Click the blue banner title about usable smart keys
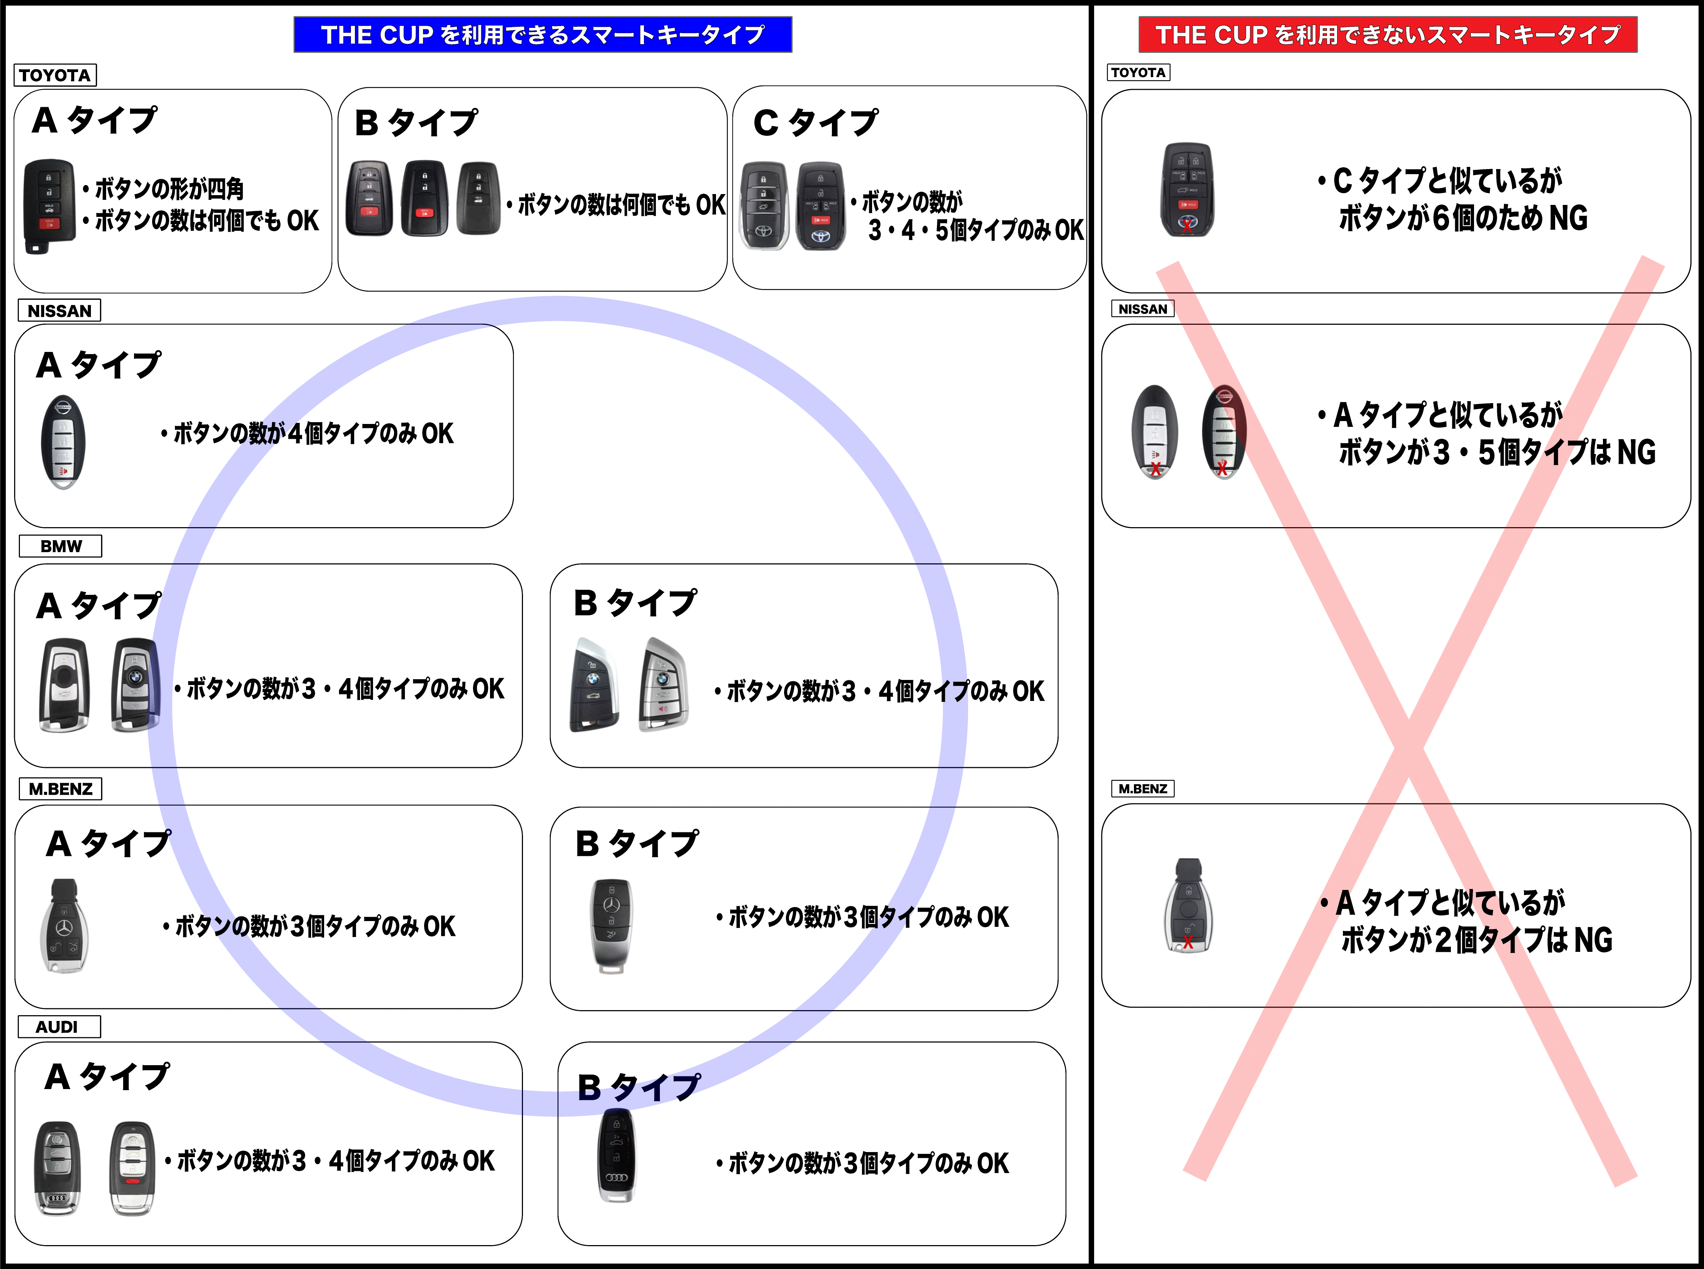click(x=543, y=34)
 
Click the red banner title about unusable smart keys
click(x=1387, y=34)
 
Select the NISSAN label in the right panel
click(x=1142, y=309)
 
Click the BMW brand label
click(x=61, y=546)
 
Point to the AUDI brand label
click(x=57, y=1027)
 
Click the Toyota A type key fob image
click(x=49, y=207)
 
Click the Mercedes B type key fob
click(x=615, y=926)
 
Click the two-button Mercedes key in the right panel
click(x=1189, y=907)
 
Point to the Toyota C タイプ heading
click(x=816, y=123)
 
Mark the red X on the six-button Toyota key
click(x=1188, y=227)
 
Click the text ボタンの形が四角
click(x=169, y=188)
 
